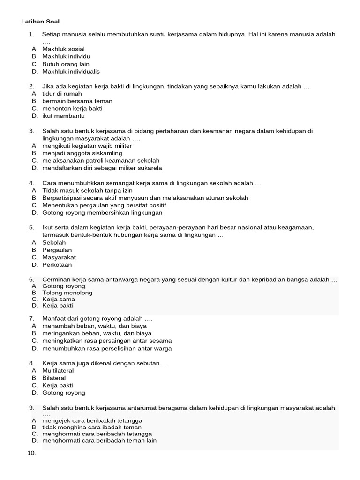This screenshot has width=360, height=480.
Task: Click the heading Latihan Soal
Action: coord(40,22)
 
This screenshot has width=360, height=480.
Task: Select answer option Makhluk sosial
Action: coord(63,49)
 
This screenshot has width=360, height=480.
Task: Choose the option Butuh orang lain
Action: coord(66,64)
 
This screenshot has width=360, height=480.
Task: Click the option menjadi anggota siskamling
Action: coord(82,153)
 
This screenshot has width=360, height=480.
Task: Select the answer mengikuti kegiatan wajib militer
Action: coord(87,146)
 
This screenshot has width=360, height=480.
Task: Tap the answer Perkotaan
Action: coord(57,265)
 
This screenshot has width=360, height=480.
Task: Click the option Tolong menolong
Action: coord(67,293)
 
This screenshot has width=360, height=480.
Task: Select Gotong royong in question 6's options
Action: coord(64,286)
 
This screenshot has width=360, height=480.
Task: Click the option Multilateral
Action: coord(58,371)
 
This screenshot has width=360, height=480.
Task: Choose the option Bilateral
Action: coord(54,378)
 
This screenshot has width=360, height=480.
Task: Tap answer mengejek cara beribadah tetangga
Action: coord(92,420)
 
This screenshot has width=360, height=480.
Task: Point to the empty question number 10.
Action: coord(32,453)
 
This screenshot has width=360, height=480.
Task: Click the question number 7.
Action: coord(31,318)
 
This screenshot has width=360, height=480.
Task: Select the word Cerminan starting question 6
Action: coord(57,280)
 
